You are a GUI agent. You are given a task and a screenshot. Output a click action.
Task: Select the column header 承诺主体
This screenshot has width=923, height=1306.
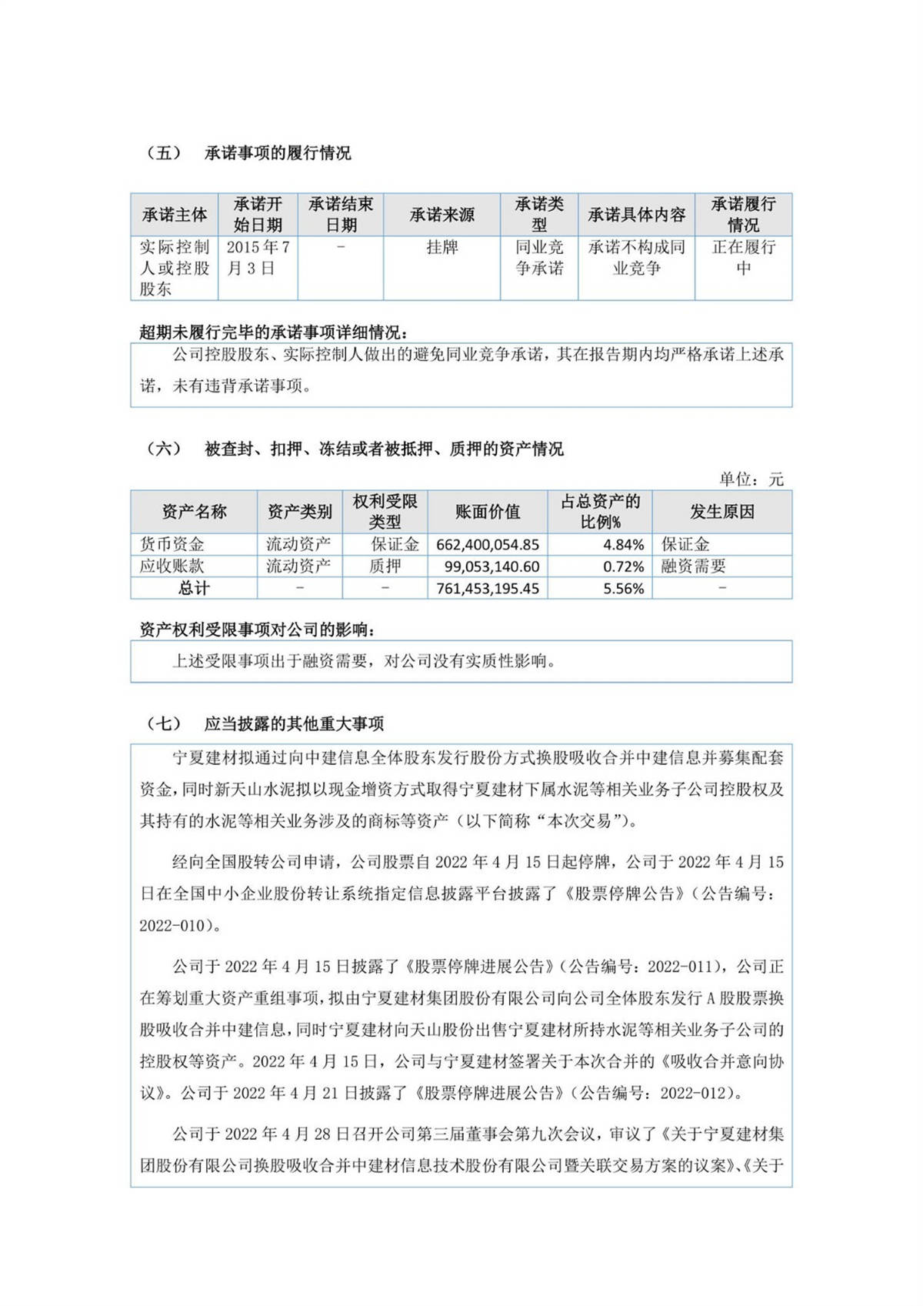[x=175, y=215]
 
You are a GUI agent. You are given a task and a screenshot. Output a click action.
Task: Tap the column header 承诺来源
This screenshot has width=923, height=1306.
[x=442, y=215]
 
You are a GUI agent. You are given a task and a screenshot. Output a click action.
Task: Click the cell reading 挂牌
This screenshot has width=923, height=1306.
[x=442, y=247]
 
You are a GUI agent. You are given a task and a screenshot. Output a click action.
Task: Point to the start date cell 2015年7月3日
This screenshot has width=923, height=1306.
[x=258, y=258]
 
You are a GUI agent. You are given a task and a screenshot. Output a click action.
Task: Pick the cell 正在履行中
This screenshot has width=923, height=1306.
[x=743, y=258]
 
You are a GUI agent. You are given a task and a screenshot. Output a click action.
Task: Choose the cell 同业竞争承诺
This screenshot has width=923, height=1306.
[x=539, y=258]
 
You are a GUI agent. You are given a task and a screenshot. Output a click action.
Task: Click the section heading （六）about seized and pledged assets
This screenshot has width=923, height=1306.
[x=355, y=449]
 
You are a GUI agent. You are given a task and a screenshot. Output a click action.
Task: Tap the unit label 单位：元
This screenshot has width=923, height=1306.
[x=751, y=479]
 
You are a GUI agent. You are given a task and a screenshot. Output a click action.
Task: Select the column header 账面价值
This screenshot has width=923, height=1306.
[x=487, y=512]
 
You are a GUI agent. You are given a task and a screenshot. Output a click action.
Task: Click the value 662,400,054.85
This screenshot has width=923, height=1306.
[x=488, y=545]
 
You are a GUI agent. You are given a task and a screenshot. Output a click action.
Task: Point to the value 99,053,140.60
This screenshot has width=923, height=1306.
[x=491, y=566]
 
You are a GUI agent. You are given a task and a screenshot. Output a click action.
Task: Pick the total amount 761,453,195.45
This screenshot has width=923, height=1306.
[x=488, y=589]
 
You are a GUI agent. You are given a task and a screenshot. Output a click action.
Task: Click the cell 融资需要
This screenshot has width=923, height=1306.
[x=693, y=566]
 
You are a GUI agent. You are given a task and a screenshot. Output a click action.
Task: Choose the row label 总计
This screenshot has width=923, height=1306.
[x=193, y=589]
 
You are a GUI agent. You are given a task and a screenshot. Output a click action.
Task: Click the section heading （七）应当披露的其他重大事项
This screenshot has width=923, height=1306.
[x=265, y=724]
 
